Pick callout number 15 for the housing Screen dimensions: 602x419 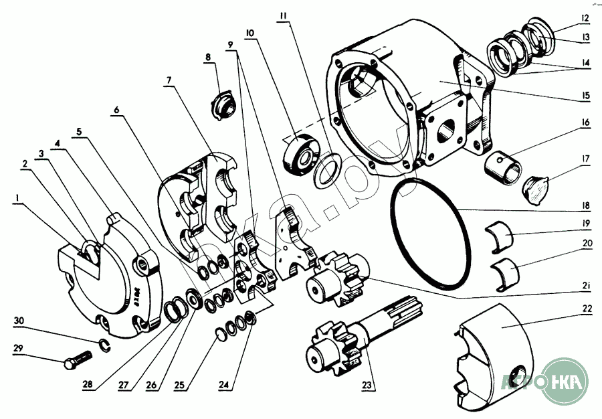[x=585, y=95]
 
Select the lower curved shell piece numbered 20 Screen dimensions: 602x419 [x=505, y=272]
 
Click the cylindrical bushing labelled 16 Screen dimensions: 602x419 [x=504, y=164]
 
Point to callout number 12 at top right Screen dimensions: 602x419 [x=585, y=18]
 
